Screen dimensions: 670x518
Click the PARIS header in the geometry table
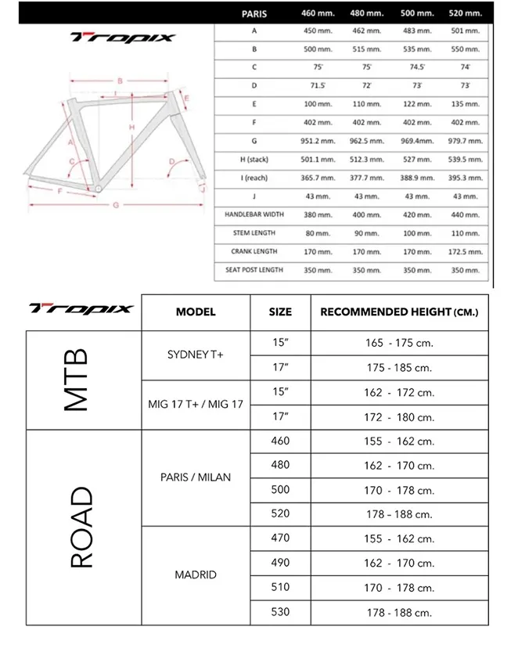pos(254,13)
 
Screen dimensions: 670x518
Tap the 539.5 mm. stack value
pos(465,160)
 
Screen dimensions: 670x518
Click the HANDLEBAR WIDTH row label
pos(254,214)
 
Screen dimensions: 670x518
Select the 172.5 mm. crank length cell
pos(465,251)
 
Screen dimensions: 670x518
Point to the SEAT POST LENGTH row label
pos(254,270)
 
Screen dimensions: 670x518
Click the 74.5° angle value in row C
pos(417,67)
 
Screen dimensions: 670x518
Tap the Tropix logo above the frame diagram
pos(123,37)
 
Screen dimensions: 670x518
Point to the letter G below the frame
pos(115,205)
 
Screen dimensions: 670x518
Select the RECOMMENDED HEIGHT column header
pos(399,312)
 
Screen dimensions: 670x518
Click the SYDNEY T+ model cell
pos(195,355)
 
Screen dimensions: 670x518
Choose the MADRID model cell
pos(195,575)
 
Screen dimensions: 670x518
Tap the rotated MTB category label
pos(76,380)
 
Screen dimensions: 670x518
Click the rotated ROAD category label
pos(81,527)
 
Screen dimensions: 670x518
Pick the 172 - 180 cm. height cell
pos(399,417)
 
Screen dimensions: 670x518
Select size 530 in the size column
pos(279,611)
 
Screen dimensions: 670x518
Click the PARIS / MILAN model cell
pos(195,477)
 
